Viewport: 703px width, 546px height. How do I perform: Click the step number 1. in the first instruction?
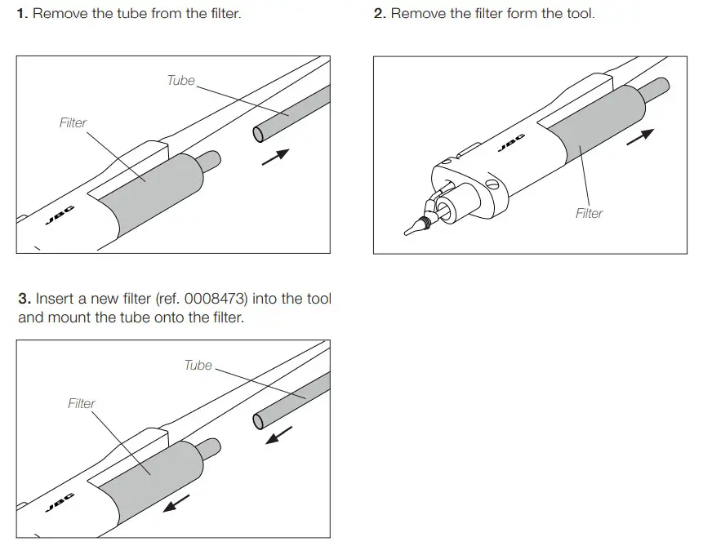[24, 14]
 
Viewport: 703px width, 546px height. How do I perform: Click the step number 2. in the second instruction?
[380, 14]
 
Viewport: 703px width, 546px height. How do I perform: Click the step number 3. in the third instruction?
[24, 299]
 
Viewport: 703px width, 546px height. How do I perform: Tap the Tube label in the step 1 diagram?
[180, 80]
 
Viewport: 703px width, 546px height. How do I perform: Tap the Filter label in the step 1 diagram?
[73, 122]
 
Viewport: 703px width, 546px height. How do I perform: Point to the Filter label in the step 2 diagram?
[589, 213]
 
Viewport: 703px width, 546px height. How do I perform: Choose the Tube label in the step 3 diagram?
[198, 365]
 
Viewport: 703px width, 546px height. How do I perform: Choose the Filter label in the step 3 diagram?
[81, 403]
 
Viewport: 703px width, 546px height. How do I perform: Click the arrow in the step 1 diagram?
[275, 157]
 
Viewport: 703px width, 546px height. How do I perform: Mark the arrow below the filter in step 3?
[176, 502]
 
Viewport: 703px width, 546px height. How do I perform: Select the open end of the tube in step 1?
[258, 133]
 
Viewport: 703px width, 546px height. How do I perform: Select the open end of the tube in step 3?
[259, 420]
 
